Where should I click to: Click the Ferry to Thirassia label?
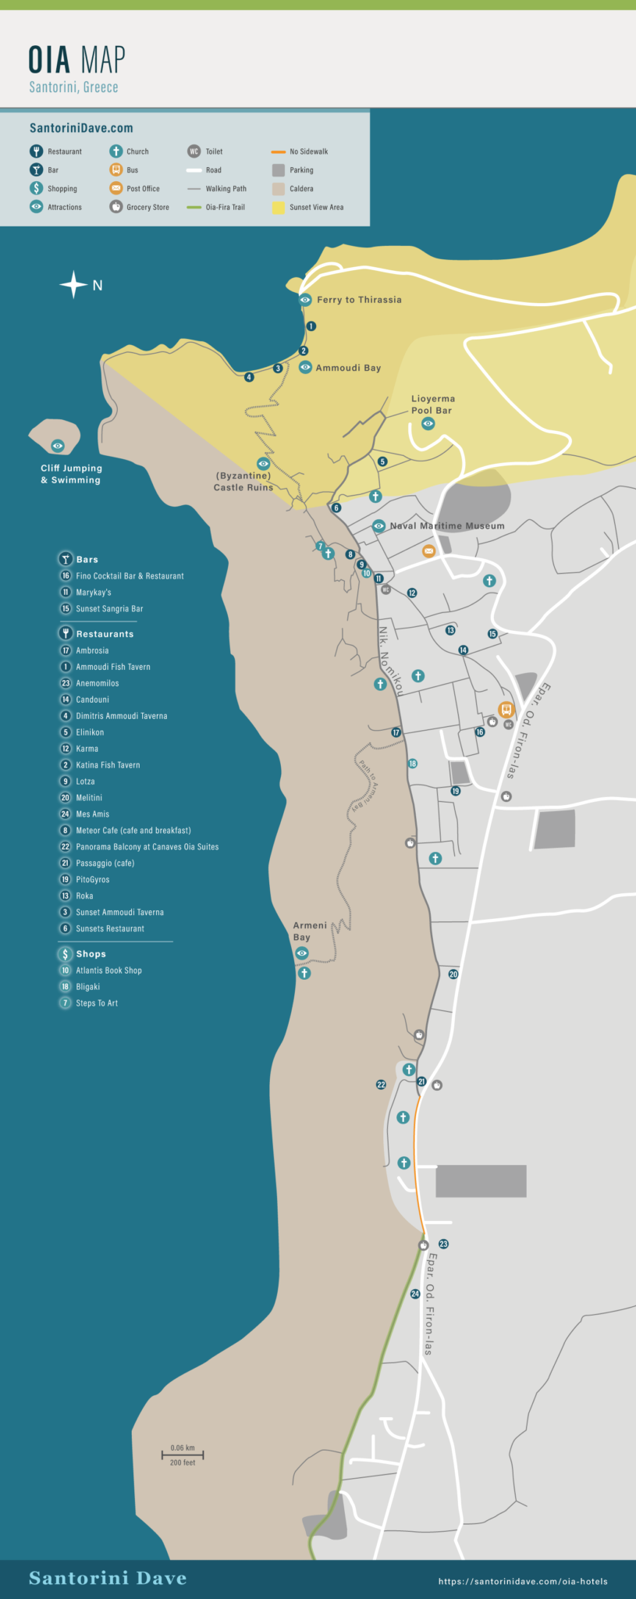click(359, 300)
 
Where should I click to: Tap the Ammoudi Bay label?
click(348, 368)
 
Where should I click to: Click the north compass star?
click(73, 285)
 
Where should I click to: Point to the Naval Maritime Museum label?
click(446, 526)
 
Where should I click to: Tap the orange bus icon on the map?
click(506, 710)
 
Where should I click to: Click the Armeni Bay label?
click(310, 931)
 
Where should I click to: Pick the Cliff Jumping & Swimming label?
click(71, 474)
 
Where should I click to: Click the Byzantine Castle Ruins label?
click(243, 481)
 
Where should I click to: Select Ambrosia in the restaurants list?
click(92, 650)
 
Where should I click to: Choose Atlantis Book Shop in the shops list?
click(108, 970)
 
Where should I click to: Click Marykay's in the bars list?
click(93, 593)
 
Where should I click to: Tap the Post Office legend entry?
click(143, 189)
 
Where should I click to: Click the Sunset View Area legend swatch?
click(279, 208)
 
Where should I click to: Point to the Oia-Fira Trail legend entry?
click(225, 208)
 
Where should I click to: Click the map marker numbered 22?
click(381, 1084)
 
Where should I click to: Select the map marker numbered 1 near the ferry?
click(311, 326)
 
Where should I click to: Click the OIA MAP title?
click(76, 60)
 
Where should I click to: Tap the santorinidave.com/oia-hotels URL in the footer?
click(523, 1582)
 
